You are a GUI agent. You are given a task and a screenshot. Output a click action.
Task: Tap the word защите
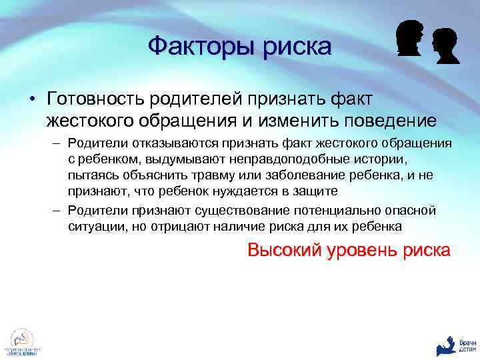320,191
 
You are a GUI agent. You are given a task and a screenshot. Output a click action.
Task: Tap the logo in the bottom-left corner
22,343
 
